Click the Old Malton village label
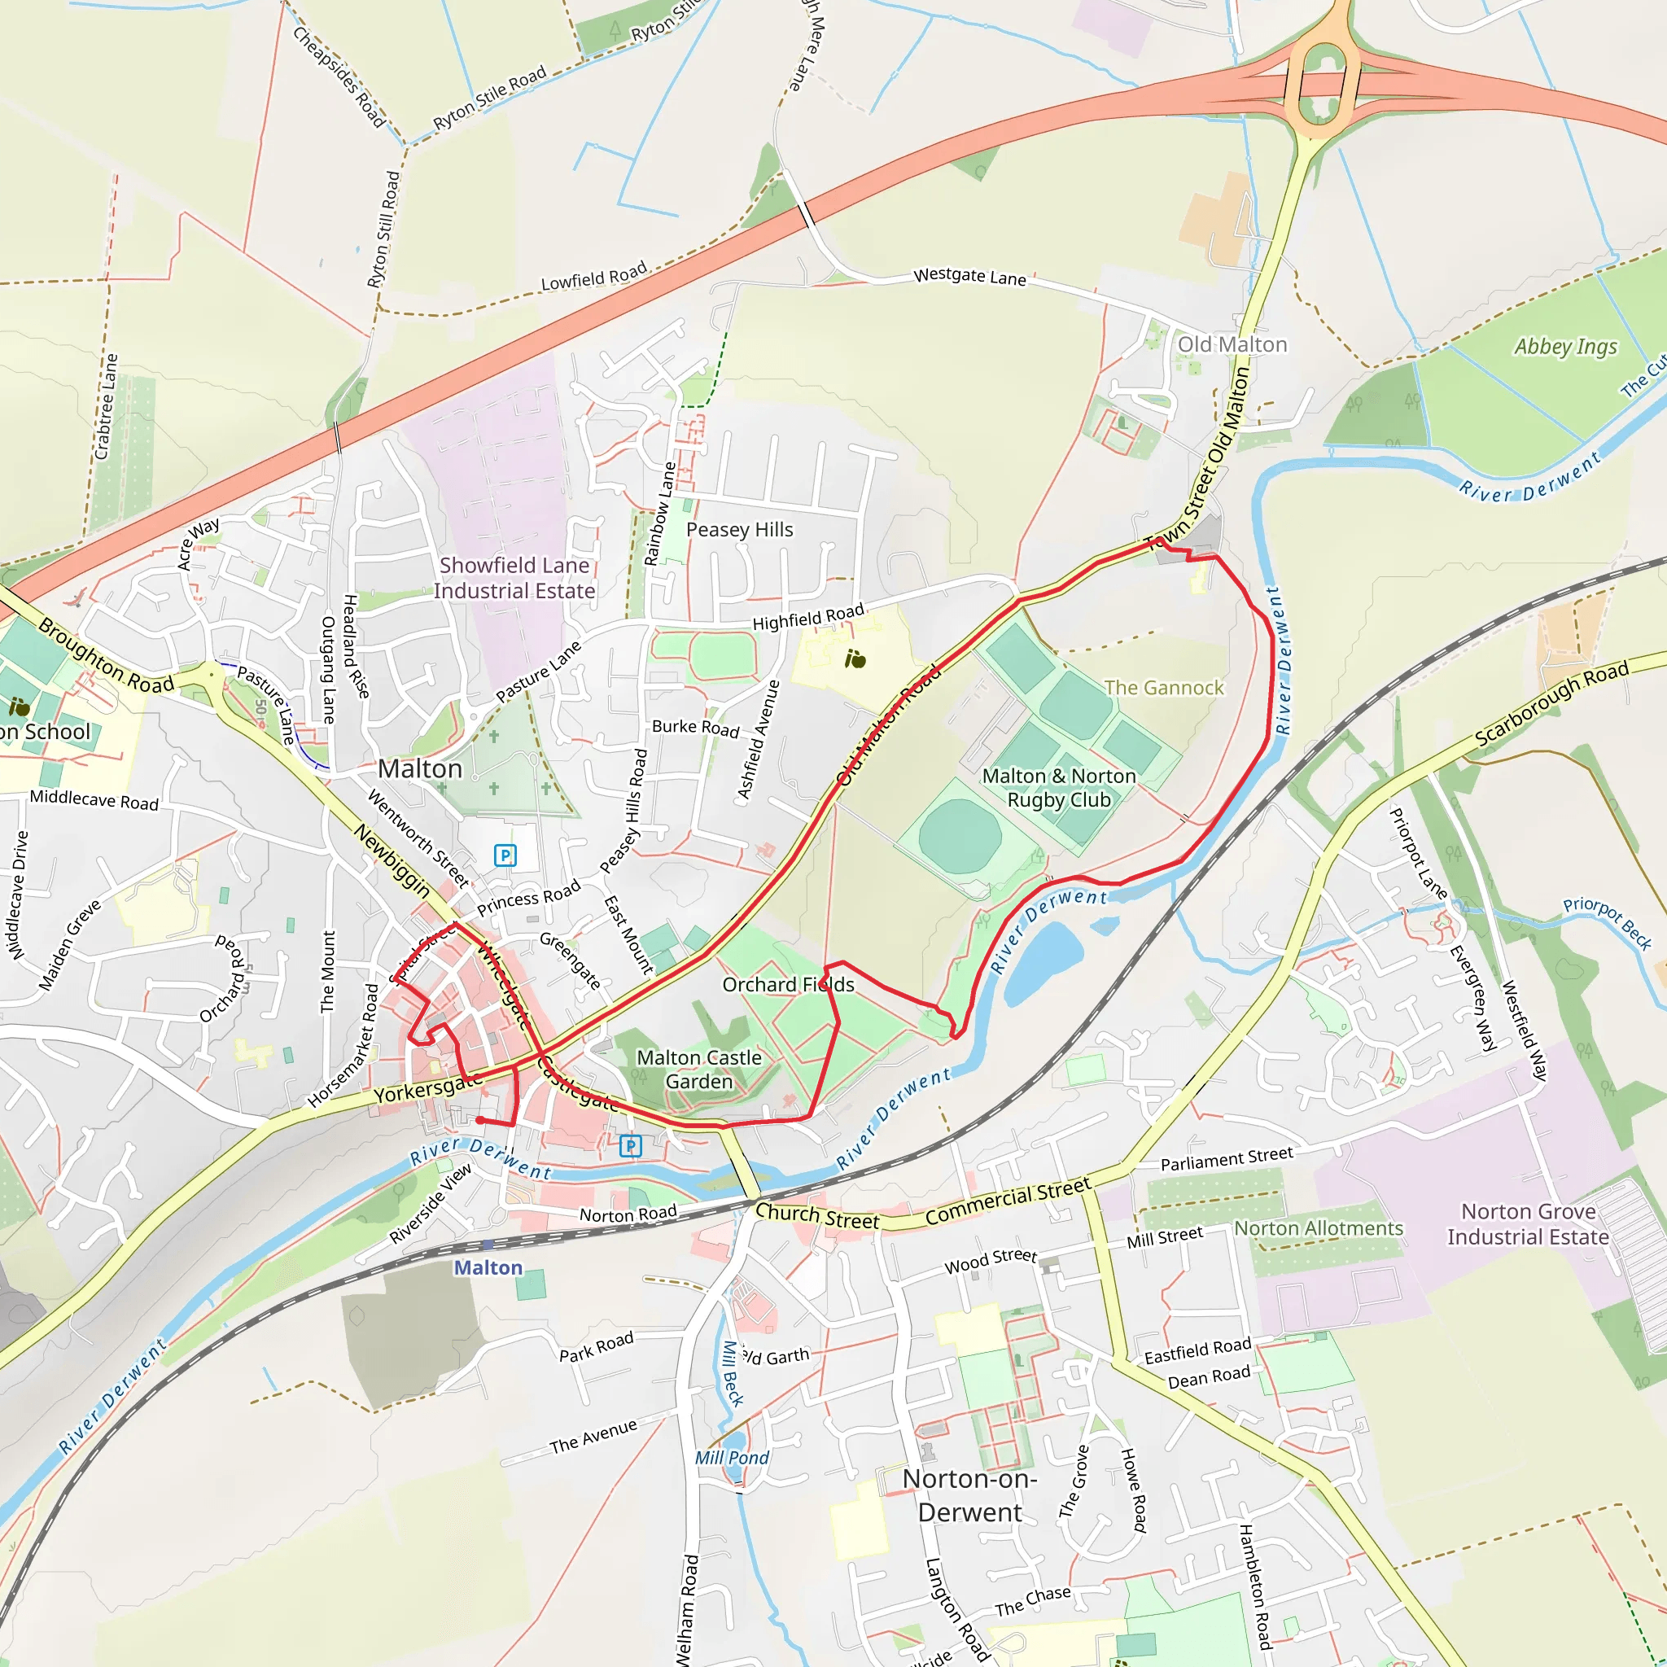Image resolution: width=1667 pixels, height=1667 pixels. point(1232,345)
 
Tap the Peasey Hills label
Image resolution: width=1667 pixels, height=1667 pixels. point(739,530)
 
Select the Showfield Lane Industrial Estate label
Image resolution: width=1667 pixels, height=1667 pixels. point(514,578)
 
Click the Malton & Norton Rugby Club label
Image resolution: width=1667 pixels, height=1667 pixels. point(1059,788)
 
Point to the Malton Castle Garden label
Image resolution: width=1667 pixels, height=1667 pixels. point(699,1069)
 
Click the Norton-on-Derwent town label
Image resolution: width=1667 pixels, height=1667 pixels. point(969,1495)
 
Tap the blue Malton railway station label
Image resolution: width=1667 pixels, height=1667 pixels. point(488,1267)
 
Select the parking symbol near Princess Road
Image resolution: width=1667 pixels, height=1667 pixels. point(505,855)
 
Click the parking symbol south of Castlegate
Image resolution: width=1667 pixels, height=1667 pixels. point(631,1146)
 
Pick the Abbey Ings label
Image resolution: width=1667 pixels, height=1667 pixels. point(1566,347)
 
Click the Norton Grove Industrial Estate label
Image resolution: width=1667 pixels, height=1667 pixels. point(1528,1224)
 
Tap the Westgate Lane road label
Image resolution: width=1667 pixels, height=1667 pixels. point(969,277)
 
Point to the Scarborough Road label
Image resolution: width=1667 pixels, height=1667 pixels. point(1551,704)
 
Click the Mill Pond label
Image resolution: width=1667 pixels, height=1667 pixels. point(732,1457)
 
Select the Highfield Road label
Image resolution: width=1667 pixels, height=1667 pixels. point(807,617)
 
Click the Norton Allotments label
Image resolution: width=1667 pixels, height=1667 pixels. point(1319,1227)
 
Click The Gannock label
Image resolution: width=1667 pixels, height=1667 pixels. point(1164,688)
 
